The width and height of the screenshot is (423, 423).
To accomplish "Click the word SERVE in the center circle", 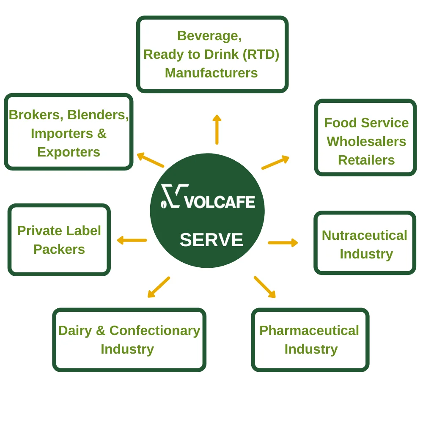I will (211, 240).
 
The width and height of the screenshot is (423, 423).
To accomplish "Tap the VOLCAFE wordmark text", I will (220, 202).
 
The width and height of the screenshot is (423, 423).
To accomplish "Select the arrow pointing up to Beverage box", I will (217, 129).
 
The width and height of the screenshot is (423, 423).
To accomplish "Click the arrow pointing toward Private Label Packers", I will (132, 240).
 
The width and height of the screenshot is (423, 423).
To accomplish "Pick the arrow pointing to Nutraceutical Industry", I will (283, 242).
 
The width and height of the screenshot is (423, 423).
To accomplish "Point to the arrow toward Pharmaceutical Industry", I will (264, 287).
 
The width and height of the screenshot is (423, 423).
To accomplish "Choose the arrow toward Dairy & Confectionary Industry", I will (159, 287).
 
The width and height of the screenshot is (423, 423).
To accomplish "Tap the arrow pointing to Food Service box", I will (275, 162).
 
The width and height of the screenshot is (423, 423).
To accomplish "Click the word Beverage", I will (209, 36).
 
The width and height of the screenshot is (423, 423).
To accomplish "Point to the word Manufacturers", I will (211, 73).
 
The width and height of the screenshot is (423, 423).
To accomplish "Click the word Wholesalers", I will (366, 141).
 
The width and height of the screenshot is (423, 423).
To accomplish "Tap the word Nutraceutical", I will (364, 235).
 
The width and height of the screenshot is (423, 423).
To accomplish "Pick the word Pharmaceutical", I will (309, 330).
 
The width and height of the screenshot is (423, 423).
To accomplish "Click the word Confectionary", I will (154, 330).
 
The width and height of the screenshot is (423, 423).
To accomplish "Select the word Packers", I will (59, 249).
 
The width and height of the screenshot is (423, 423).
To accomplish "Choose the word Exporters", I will (69, 152).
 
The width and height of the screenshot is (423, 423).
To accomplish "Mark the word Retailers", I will (366, 160).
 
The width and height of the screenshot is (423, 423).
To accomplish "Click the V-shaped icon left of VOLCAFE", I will (173, 196).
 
